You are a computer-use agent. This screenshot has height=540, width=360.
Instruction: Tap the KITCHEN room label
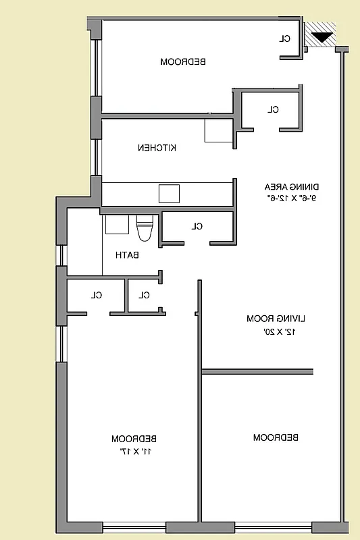(157, 148)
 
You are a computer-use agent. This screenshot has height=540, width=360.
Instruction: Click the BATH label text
(127, 255)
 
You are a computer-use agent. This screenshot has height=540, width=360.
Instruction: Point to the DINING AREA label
(291, 187)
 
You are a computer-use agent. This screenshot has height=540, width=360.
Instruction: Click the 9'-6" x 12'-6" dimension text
(291, 198)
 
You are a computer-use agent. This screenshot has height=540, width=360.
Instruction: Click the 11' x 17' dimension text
(134, 450)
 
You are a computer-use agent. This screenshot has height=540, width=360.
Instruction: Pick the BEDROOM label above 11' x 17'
(134, 438)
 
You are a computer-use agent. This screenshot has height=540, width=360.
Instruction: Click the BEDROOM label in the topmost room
(183, 61)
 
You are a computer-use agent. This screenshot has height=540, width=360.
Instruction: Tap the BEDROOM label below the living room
(276, 437)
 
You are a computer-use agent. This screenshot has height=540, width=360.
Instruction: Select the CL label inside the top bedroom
(285, 38)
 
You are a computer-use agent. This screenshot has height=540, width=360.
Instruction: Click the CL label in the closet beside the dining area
(273, 109)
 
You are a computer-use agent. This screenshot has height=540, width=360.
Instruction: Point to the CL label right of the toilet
(197, 226)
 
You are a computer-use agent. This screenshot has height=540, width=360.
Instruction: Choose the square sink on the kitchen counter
(170, 193)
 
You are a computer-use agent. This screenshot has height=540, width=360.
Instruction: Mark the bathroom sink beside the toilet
(115, 224)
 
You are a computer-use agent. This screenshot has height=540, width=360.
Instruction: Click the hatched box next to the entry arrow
(320, 34)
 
